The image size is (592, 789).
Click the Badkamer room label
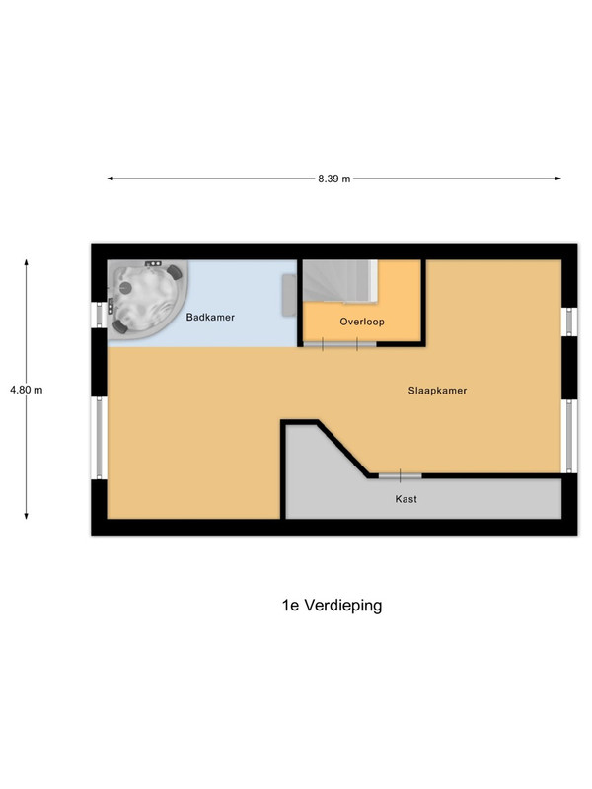coord(210,317)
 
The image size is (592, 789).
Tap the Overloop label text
coord(362,322)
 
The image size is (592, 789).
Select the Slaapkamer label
coord(437,391)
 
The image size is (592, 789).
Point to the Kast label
coord(406,499)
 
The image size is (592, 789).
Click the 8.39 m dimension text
coord(334,179)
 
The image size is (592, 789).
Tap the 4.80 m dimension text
coord(27,390)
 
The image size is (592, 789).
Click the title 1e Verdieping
coord(332,605)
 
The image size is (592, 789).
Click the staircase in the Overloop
coord(340,281)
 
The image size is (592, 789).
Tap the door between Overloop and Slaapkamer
coord(339,344)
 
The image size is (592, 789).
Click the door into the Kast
coord(401,475)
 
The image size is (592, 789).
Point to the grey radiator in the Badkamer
coord(289,295)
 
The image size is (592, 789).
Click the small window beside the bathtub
coord(100,315)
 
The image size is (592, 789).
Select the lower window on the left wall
coord(100,438)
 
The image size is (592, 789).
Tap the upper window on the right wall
coord(569,322)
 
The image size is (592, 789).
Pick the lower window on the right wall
coord(569,436)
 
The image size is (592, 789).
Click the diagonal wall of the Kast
coord(343,448)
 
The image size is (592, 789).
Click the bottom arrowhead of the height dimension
coord(27,515)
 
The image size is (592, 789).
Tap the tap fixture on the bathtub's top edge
coord(154,263)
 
